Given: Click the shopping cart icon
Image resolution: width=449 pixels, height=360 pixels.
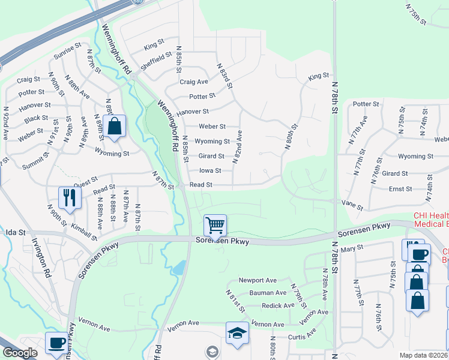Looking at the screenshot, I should pyautogui.click(x=215, y=226).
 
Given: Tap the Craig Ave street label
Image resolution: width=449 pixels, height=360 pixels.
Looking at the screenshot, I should pyautogui.click(x=194, y=82).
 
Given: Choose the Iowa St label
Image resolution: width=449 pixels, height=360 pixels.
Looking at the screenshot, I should pyautogui.click(x=210, y=170).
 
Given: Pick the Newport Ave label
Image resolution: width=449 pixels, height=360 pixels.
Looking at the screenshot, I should pyautogui.click(x=258, y=280).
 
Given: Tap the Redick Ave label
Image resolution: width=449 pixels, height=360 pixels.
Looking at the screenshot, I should pyautogui.click(x=279, y=305).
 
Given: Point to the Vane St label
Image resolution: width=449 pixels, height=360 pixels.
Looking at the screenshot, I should pyautogui.click(x=351, y=204).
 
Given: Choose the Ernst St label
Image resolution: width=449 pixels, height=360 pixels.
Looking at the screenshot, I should pyautogui.click(x=400, y=188).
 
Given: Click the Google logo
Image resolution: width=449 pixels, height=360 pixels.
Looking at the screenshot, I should pyautogui.click(x=20, y=353).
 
